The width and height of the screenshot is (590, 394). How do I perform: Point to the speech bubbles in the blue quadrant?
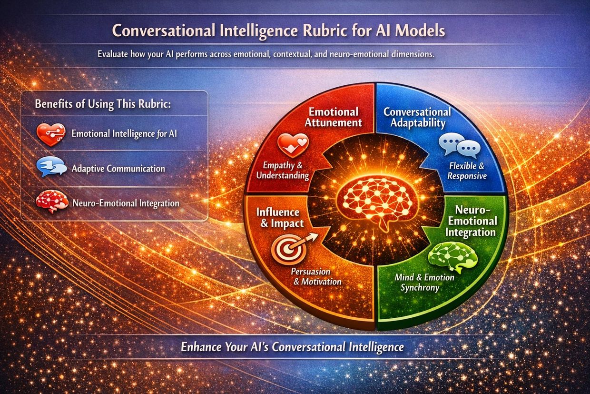coord(460,144)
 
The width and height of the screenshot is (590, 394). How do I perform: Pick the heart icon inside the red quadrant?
coord(293,144)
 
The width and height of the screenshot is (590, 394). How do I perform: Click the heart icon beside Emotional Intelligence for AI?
coord(50,134)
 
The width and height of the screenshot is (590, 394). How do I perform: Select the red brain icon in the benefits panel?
coord(52,201)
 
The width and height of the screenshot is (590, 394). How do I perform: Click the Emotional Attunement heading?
coord(333,117)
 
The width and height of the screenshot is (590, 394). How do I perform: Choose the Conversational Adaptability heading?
coord(417,117)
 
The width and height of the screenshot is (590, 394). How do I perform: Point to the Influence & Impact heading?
coord(280,218)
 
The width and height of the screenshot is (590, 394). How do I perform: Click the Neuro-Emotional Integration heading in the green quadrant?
coord(472,221)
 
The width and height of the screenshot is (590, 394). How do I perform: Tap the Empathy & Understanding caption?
coord(283,171)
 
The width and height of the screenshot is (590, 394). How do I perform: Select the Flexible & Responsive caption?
coord(467,171)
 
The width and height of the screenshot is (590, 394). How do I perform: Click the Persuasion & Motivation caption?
coord(316,276)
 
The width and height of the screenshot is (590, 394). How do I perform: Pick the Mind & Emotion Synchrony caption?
coord(424,283)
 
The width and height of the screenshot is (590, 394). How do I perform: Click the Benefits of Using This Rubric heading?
coord(103,104)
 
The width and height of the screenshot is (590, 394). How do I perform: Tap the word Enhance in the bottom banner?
coord(201,347)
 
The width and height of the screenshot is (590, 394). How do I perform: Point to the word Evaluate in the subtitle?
coord(112,54)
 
